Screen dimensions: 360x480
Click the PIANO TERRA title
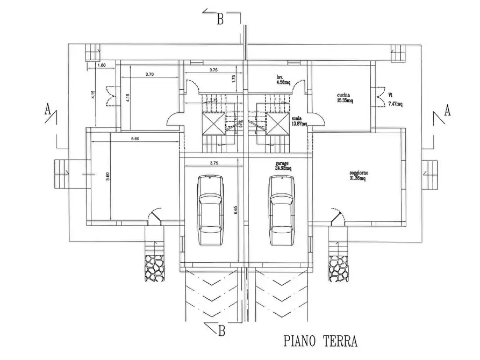click(320, 341)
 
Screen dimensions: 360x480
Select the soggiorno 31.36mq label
click(357, 176)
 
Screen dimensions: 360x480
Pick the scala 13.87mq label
click(299, 121)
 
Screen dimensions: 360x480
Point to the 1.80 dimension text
click(102, 66)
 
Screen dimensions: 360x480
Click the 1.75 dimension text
click(234, 77)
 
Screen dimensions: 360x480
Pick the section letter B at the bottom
click(221, 331)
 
